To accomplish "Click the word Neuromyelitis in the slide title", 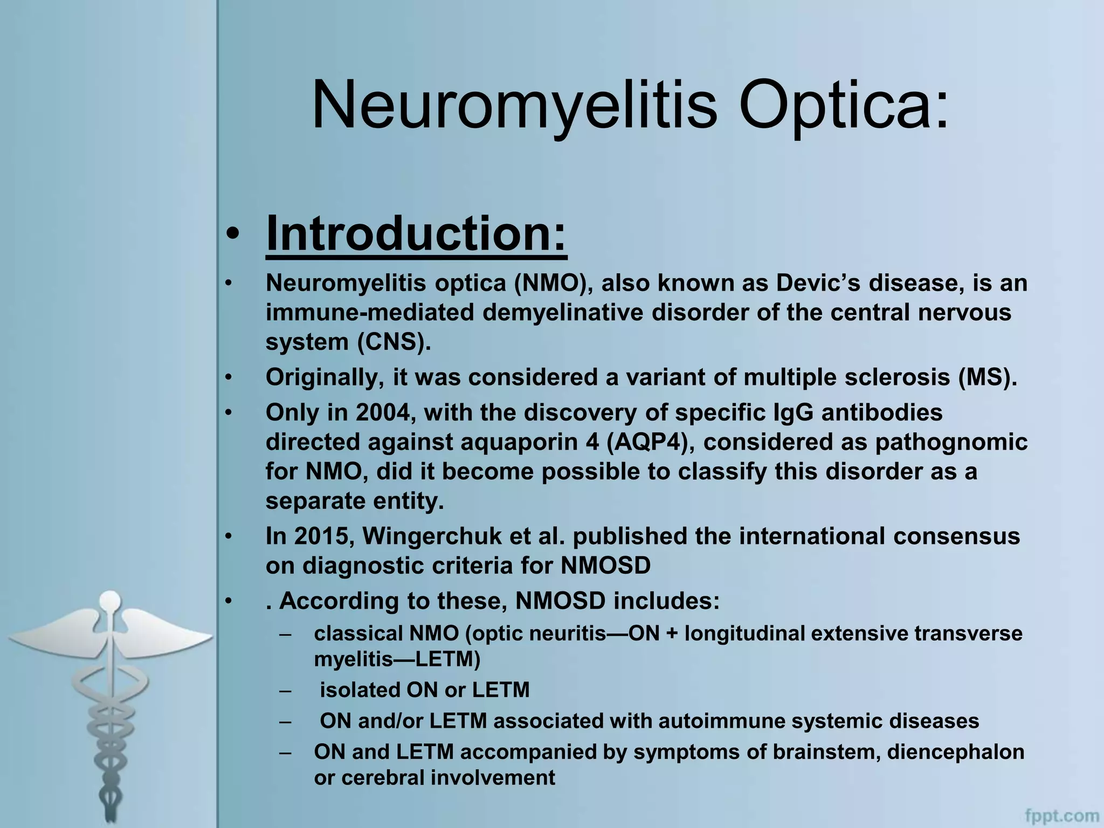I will (x=514, y=105).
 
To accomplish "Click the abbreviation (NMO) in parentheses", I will (x=553, y=284).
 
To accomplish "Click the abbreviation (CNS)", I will (x=394, y=342).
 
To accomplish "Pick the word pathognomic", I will (x=951, y=443).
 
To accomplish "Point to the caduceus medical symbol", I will (x=111, y=701).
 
